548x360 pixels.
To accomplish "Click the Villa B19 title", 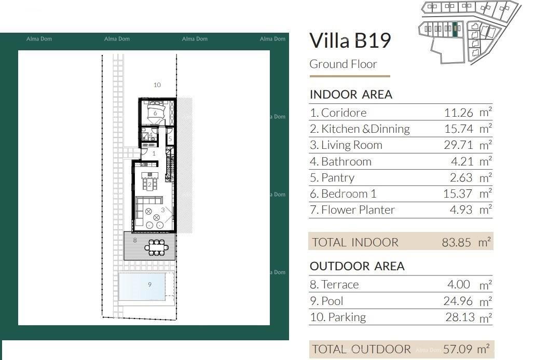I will coord(350,40).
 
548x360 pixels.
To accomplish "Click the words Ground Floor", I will coord(343,64).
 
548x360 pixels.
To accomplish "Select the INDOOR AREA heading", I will coord(351,94).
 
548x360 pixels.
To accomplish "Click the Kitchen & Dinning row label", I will coord(360,129).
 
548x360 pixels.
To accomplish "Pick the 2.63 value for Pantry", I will coord(461,178).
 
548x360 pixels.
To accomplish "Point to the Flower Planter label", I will coord(352,210).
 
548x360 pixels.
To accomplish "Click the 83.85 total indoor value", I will coord(457,242).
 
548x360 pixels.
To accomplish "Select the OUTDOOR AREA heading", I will coord(357,266).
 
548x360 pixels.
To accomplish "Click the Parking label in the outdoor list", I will coord(338,317).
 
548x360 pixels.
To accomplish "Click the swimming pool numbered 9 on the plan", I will coord(143,286).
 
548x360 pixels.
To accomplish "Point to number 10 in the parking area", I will coord(157,85).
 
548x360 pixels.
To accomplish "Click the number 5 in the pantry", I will coord(170,139).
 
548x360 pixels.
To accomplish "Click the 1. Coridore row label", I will coord(338,113).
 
